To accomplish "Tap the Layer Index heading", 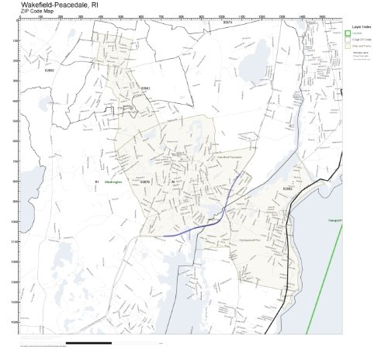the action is [359, 26].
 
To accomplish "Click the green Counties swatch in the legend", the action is [348, 33].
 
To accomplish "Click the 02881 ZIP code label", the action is [145, 88].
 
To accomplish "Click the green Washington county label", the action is [113, 182].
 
